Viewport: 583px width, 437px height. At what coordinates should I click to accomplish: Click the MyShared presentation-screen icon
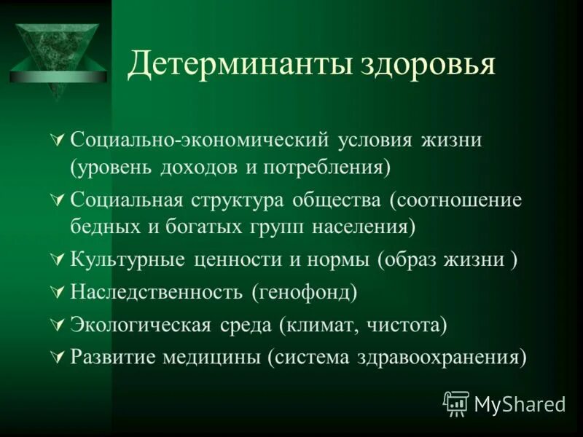click(456, 403)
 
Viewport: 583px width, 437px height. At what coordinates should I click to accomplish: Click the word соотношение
click(455, 200)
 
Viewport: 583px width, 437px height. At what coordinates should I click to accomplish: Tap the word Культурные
click(128, 259)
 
